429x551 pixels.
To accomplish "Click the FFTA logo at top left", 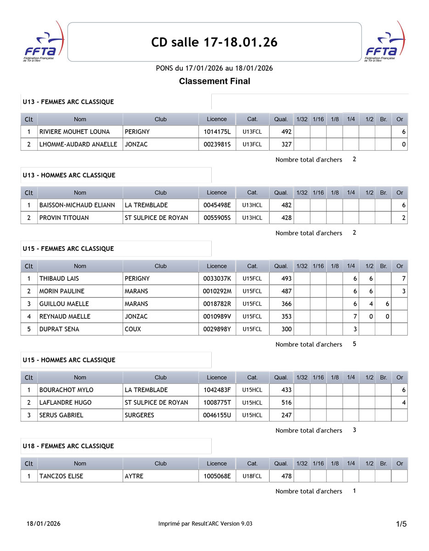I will point(43,44).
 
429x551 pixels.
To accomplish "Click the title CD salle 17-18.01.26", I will point(214,42).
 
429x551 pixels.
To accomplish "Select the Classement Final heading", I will point(214,81).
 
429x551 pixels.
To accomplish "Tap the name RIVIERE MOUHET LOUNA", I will point(74,132).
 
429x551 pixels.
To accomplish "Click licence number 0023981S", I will point(217,144).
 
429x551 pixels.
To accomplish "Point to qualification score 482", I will point(286,205).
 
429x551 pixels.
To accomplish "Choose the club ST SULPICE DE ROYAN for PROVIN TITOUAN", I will point(156,218).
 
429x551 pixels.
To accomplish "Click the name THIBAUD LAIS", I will point(59,279).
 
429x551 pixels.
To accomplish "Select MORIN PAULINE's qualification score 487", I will point(286,291).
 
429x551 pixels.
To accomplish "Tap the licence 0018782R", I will point(217,304).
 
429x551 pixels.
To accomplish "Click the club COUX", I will point(133,329).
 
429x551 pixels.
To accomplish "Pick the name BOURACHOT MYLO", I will point(66,390).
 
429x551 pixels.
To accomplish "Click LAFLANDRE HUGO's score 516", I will point(286,403).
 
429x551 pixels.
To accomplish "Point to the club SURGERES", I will point(139,415).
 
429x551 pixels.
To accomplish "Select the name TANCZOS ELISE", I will point(61,476).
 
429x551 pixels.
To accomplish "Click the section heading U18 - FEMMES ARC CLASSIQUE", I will point(68,446).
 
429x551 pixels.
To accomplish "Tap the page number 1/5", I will point(401,524).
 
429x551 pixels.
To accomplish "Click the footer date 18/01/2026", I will point(43,524).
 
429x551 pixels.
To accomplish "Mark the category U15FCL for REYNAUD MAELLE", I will point(252,316).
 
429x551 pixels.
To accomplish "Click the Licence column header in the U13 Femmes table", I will point(217,119).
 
